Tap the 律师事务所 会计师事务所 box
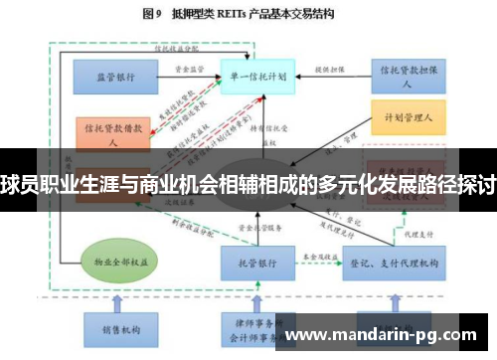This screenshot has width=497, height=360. (x=253, y=328)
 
